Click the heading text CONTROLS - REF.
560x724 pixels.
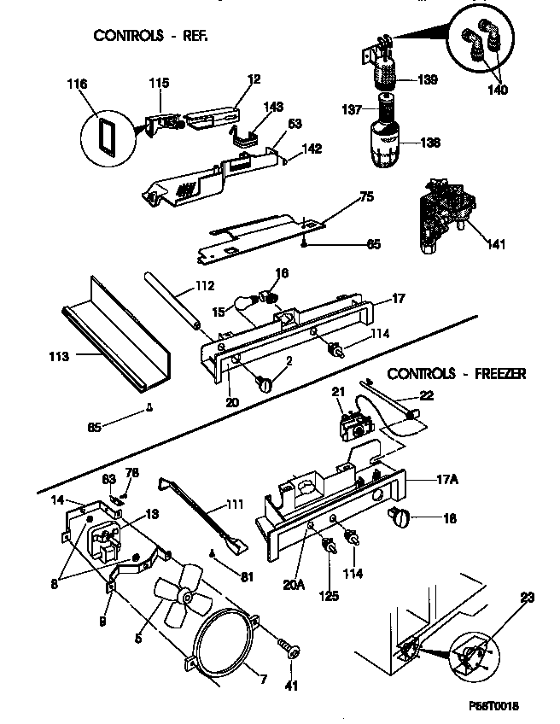[150, 36]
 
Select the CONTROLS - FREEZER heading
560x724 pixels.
[456, 373]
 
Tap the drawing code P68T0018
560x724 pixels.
[493, 705]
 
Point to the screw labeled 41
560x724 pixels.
[292, 652]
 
